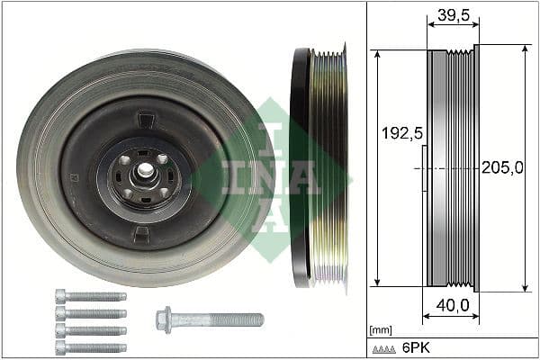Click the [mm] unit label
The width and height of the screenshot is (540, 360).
coord(381,329)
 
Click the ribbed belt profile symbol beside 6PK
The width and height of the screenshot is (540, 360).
coord(385,348)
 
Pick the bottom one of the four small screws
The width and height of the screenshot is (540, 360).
coord(90,347)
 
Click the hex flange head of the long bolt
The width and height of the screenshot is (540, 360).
coord(164,319)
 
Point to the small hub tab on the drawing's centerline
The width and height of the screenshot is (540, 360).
coord(424,167)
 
